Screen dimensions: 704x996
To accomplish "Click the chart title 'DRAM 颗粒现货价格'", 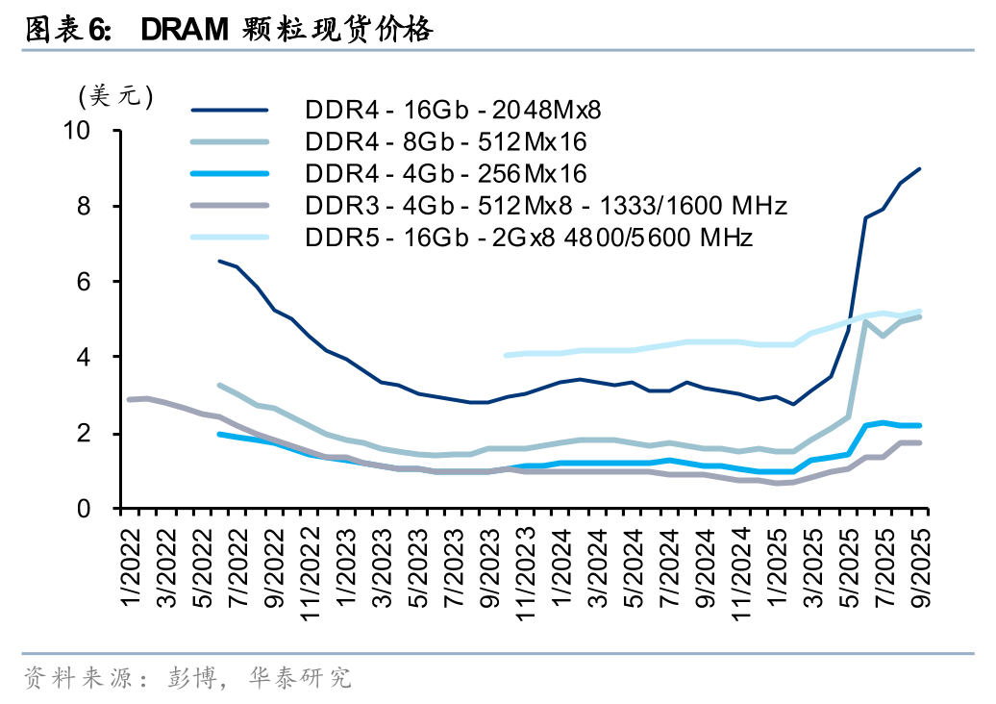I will coord(286,31).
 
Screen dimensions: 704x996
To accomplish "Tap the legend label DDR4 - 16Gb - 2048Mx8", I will coord(459,109).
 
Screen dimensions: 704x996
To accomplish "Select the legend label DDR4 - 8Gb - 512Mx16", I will coord(446,141).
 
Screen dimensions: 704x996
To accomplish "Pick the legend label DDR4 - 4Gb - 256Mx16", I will coord(446,173).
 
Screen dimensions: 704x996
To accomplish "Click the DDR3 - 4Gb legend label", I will coord(546,205).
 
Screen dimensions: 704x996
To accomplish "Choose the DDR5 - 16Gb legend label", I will coord(529,237).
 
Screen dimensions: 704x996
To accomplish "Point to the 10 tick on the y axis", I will coord(91,131).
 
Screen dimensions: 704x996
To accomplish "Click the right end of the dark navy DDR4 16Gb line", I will coord(920,169).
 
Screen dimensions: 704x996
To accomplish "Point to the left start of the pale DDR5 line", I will coord(506,355).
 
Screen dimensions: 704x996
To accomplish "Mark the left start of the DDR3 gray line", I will coord(129,399).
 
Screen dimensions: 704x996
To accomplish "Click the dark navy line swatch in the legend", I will coord(230,110).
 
